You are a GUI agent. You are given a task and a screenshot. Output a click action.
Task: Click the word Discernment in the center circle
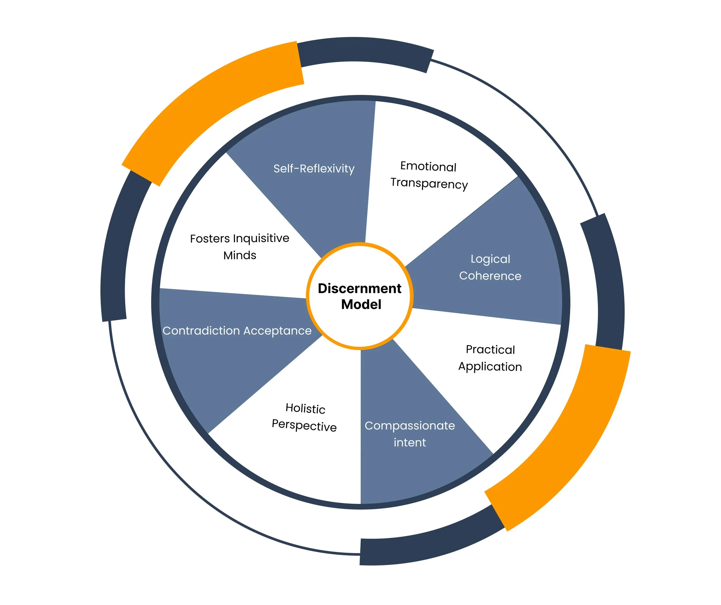click(359, 288)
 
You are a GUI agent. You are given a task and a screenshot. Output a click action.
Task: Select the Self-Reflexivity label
click(314, 168)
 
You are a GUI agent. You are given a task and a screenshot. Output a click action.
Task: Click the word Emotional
click(428, 166)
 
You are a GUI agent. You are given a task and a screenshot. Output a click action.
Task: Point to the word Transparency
click(429, 184)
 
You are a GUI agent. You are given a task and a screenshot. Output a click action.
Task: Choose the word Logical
click(490, 259)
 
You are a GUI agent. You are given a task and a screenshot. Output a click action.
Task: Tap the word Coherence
click(490, 276)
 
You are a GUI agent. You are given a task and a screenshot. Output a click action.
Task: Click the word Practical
click(490, 350)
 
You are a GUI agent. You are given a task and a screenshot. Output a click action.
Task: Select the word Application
click(490, 367)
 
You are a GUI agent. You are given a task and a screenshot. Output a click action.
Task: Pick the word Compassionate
click(410, 426)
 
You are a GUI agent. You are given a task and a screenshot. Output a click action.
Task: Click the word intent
click(410, 442)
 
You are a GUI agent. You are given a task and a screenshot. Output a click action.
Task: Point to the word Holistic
click(305, 408)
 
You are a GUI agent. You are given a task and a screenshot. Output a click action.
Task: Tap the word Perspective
click(304, 426)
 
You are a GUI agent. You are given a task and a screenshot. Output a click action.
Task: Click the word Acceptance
click(277, 331)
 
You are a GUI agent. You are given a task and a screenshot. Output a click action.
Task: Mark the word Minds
click(240, 255)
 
